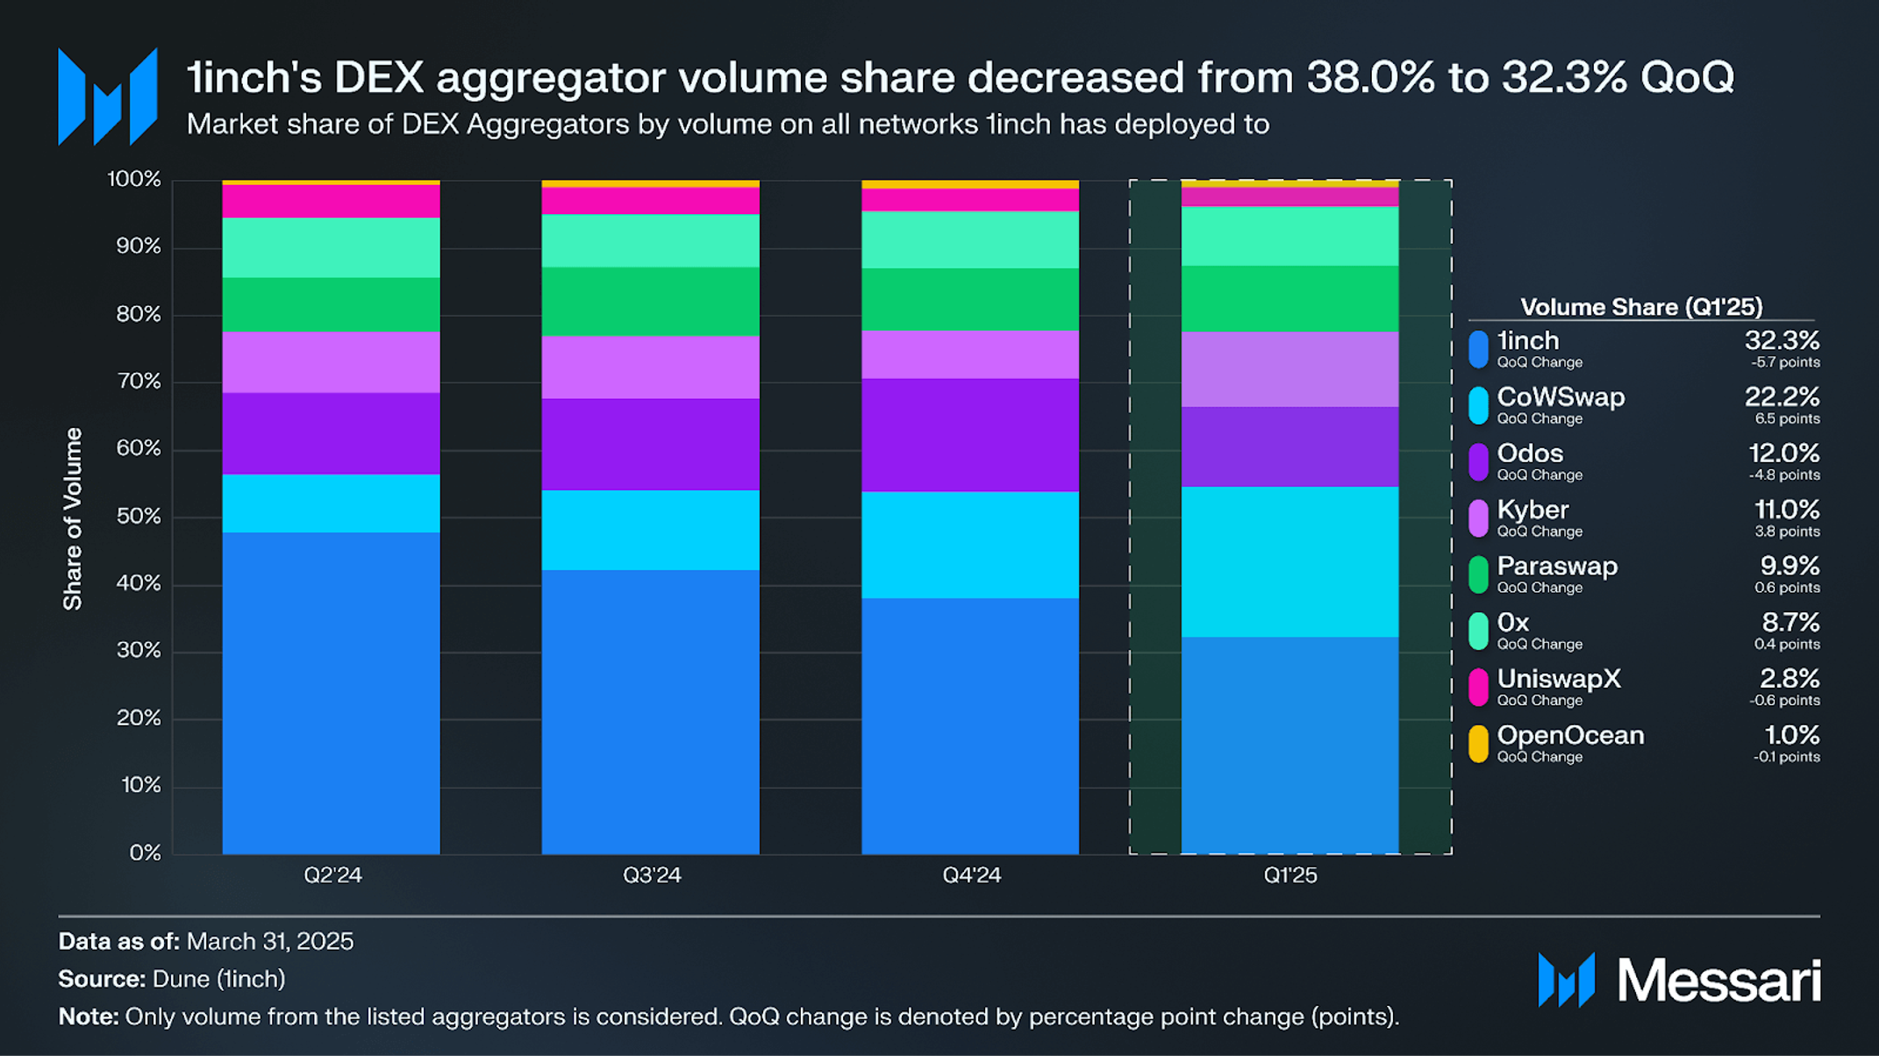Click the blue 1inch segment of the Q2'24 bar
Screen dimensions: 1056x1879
coord(331,693)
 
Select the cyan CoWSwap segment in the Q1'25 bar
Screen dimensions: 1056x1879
coord(1290,561)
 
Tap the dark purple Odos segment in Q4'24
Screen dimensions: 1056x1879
coord(969,435)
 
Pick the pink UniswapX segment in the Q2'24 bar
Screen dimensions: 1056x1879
coord(331,201)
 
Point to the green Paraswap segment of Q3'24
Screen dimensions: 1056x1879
coord(650,301)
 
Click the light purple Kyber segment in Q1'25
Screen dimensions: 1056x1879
coord(1290,369)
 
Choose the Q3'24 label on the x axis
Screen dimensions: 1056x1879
coord(651,875)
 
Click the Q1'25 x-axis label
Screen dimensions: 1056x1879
coord(1290,875)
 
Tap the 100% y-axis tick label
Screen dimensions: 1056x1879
coord(134,179)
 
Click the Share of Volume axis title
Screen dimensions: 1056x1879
coord(73,518)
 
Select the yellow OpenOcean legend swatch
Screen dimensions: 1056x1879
coord(1478,744)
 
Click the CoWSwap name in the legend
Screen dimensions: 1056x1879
coord(1561,397)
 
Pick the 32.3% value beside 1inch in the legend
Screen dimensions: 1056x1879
coord(1782,340)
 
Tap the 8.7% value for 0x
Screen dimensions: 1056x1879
coord(1790,622)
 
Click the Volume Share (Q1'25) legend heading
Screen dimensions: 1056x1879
coord(1640,307)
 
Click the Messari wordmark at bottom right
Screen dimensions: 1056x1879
coord(1718,981)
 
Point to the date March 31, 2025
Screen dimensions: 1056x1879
coord(270,941)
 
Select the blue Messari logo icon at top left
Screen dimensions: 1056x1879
coord(107,96)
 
